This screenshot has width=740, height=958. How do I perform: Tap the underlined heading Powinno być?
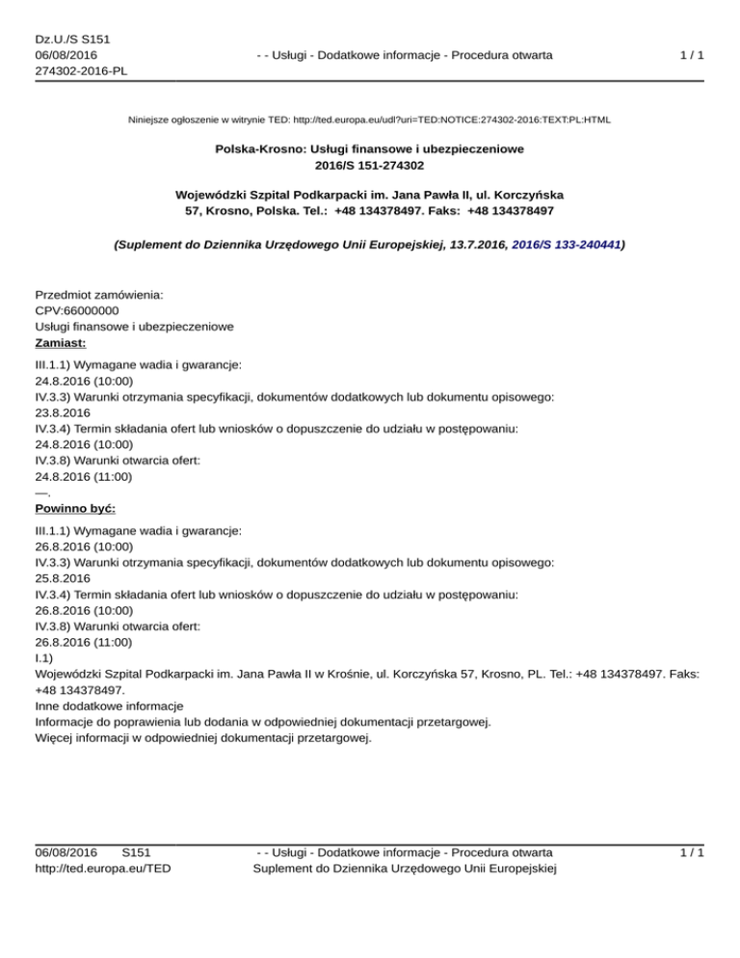(x=74, y=507)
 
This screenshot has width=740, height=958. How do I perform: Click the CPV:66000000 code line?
(x=77, y=310)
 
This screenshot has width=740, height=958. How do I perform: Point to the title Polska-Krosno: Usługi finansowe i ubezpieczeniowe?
(x=369, y=150)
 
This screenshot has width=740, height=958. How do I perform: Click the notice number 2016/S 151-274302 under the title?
(x=369, y=166)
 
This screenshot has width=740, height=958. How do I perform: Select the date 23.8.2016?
(x=63, y=411)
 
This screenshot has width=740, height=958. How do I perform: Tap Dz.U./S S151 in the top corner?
(x=71, y=39)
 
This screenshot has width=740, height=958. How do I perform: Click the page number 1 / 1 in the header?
(x=690, y=55)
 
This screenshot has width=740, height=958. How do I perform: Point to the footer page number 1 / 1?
(x=690, y=852)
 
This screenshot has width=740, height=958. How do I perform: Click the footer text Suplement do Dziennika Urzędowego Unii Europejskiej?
(x=404, y=868)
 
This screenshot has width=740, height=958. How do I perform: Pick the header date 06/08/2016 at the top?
(x=66, y=55)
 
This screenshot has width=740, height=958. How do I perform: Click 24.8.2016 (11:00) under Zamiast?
(x=84, y=476)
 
